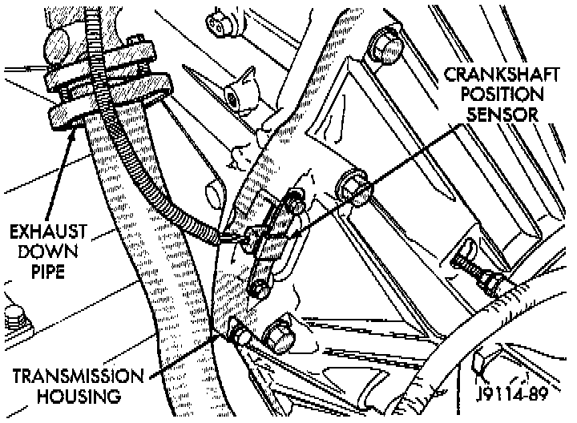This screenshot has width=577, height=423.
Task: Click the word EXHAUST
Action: click(x=48, y=232)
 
